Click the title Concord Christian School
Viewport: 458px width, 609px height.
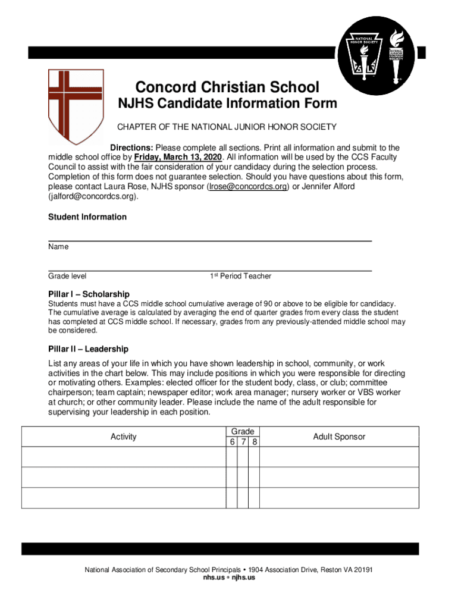(x=227, y=87)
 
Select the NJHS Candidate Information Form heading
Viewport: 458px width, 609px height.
(x=227, y=104)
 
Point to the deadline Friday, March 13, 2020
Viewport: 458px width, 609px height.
(x=178, y=157)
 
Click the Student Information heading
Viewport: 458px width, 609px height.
(x=87, y=217)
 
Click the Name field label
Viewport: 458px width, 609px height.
(x=58, y=247)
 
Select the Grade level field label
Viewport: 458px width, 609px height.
(x=67, y=276)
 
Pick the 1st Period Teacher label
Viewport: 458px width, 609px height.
(x=240, y=276)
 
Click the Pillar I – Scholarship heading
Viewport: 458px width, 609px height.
(x=89, y=294)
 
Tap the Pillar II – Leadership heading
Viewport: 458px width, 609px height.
(x=88, y=349)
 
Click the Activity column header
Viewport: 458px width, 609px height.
(x=124, y=437)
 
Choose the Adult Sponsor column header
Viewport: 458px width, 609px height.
(x=339, y=437)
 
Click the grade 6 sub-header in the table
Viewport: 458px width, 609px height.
(x=231, y=442)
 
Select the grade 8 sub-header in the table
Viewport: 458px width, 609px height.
(x=254, y=442)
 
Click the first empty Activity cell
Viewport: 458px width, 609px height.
(x=124, y=457)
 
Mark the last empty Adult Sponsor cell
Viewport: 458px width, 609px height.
(x=339, y=497)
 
